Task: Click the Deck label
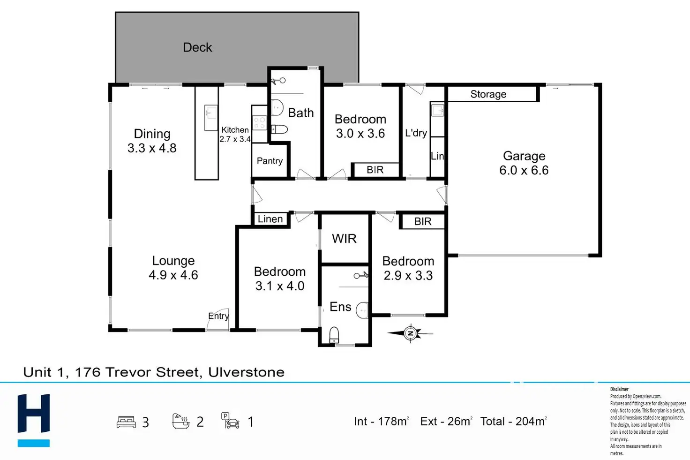point(197,47)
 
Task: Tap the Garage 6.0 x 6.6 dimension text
point(524,170)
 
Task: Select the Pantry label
point(270,161)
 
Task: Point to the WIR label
point(344,239)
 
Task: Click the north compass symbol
point(410,333)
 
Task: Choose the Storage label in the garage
point(488,94)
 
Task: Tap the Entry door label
point(218,316)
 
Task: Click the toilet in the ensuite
point(334,335)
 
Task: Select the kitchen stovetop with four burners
point(259,123)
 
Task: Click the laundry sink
point(437,110)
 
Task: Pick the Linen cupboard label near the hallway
point(270,219)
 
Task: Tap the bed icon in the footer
point(126,422)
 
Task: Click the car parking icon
point(230,421)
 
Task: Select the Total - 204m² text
point(514,421)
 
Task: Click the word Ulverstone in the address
point(247,372)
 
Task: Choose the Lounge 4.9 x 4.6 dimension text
point(173,275)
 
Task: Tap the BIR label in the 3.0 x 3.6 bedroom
point(375,170)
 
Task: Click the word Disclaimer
point(619,389)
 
